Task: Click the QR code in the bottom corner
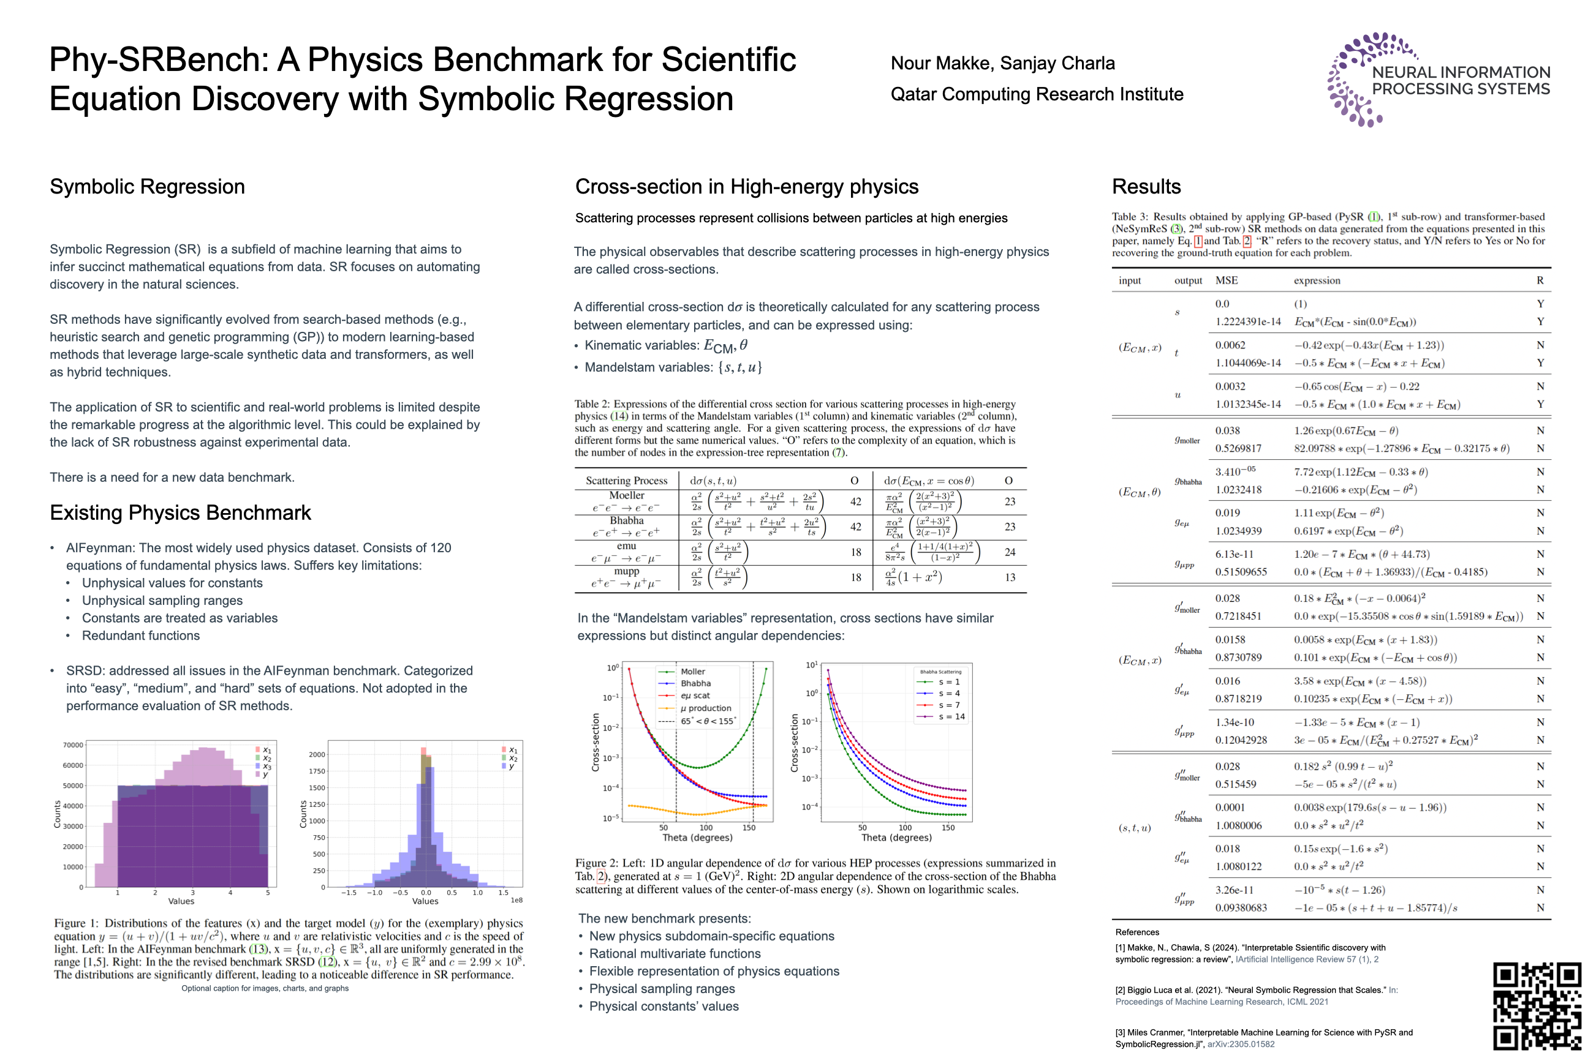coord(1537,1005)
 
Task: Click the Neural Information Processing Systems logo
coord(1438,80)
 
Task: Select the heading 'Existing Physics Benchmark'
coord(180,513)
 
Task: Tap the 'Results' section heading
coord(1146,187)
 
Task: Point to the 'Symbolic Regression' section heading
coord(147,187)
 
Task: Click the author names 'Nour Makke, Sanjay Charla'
coord(1003,64)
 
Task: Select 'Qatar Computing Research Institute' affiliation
coord(1037,94)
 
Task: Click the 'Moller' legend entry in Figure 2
coord(692,672)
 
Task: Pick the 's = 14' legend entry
coord(951,716)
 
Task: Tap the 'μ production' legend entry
coord(705,708)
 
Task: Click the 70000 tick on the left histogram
coord(73,745)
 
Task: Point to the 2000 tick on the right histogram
coord(317,754)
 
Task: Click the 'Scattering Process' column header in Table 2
coord(626,481)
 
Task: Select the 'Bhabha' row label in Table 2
coord(626,520)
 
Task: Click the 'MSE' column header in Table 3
coord(1226,280)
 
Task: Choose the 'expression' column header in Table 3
coord(1317,280)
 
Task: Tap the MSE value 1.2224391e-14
coord(1248,322)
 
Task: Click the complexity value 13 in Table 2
coord(1010,577)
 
